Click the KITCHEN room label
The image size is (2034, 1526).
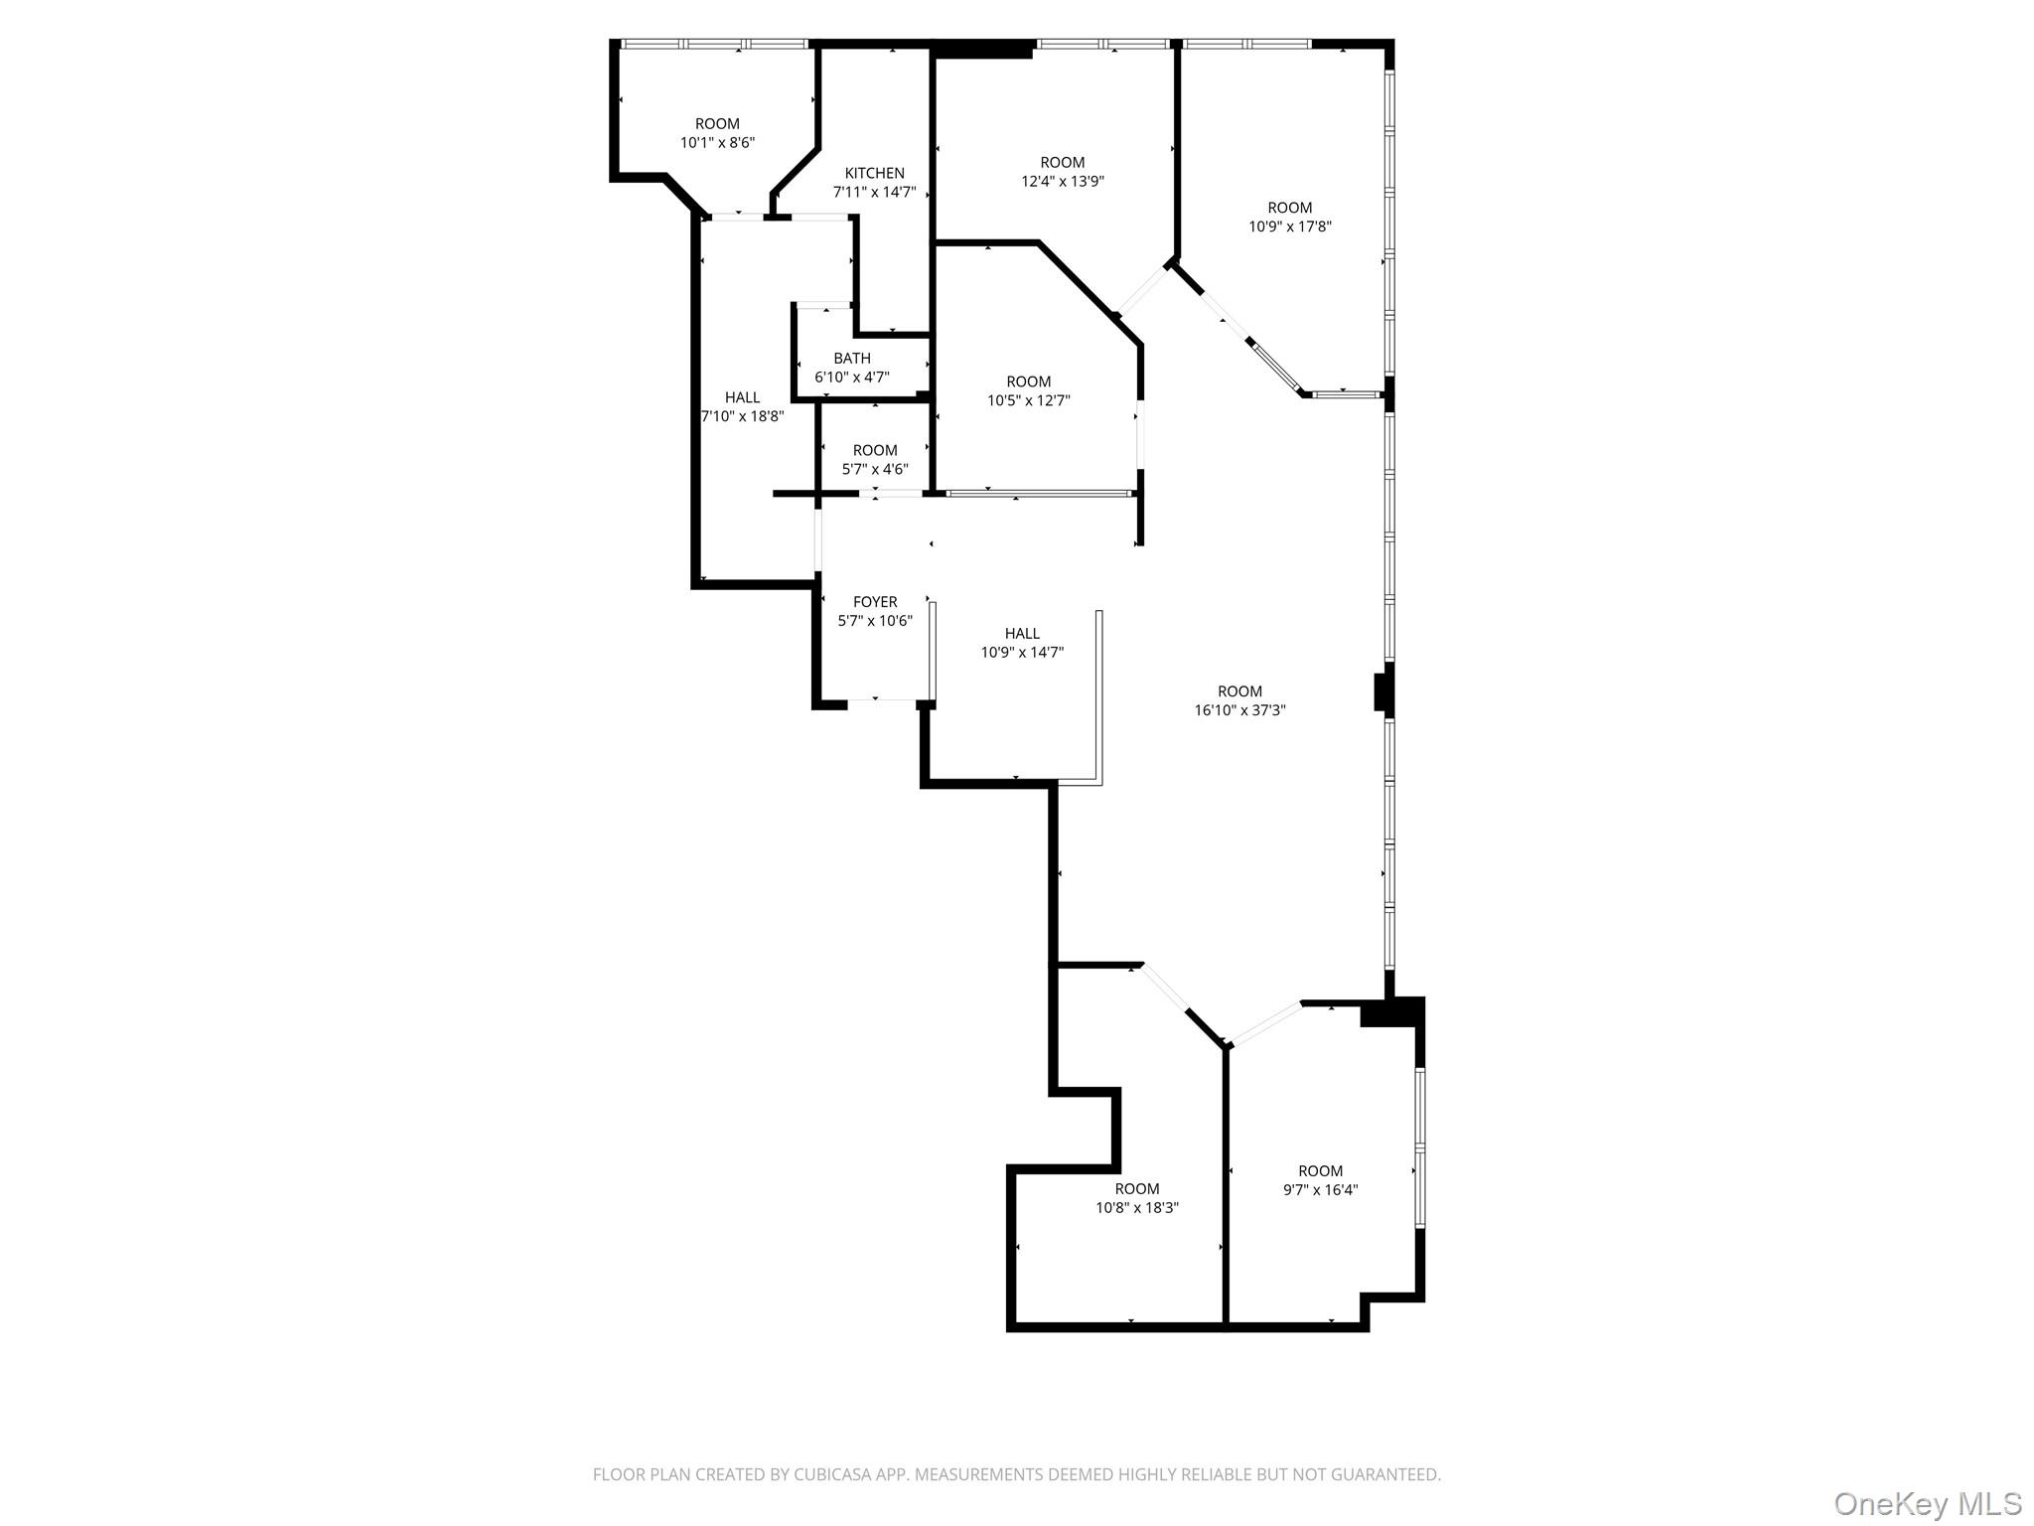click(x=874, y=173)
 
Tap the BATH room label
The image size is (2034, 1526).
click(x=852, y=359)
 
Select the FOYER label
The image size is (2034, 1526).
click(x=875, y=602)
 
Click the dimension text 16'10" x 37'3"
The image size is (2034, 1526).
click(x=1239, y=710)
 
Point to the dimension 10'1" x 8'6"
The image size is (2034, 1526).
click(x=717, y=143)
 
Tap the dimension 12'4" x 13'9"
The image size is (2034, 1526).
click(x=1063, y=182)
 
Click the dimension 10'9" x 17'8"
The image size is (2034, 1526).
click(x=1290, y=227)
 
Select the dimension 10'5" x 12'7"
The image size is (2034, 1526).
click(x=1029, y=400)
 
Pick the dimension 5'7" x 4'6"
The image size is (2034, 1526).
click(x=875, y=469)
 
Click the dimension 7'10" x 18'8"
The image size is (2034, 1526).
click(x=743, y=416)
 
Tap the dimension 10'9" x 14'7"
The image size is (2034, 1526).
click(x=1022, y=653)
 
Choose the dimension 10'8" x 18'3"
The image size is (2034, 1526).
click(x=1137, y=1208)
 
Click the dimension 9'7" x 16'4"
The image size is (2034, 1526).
click(x=1320, y=1190)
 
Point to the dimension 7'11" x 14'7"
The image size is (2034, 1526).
click(x=874, y=192)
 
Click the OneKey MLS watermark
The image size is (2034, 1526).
click(x=1927, y=1503)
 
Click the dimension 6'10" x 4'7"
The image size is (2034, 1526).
click(x=852, y=378)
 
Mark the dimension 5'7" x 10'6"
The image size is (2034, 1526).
click(x=875, y=621)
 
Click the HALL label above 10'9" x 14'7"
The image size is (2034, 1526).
click(x=1022, y=634)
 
